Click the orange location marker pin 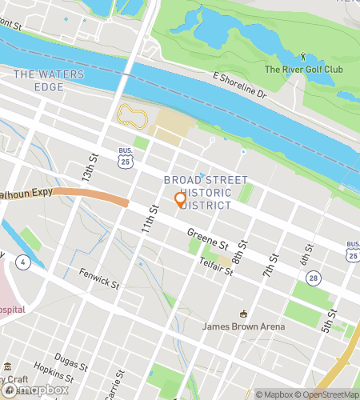[180, 199]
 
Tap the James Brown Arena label [241, 326]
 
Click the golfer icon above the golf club [303, 56]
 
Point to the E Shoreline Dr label [238, 85]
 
